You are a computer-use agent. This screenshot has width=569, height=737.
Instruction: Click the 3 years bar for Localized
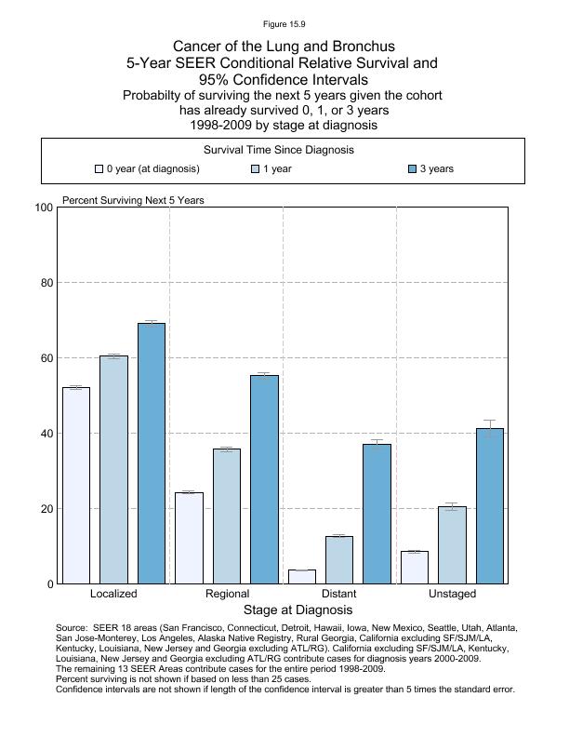pos(152,453)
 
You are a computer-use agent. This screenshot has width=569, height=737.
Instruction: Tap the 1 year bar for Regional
pos(227,516)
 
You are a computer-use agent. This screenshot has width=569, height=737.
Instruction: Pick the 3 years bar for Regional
pos(264,479)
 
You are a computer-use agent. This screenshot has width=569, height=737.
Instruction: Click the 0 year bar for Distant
pos(302,577)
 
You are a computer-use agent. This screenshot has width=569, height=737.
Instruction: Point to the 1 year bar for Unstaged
pos(452,545)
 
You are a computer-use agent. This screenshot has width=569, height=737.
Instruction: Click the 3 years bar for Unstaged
pos(489,506)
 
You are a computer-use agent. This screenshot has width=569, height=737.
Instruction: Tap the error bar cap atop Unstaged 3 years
pos(489,421)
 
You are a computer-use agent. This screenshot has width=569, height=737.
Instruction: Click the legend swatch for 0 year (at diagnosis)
pos(99,169)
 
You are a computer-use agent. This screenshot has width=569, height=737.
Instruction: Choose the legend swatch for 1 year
pos(256,169)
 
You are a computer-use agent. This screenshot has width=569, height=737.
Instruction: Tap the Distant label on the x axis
pos(338,594)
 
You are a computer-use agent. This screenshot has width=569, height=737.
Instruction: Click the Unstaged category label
pos(452,594)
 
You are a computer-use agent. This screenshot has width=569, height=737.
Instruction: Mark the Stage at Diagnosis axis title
pos(298,610)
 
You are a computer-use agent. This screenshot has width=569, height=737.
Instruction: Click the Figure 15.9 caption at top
pos(284,24)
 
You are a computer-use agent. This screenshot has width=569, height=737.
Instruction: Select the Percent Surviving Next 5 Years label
pos(133,200)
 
